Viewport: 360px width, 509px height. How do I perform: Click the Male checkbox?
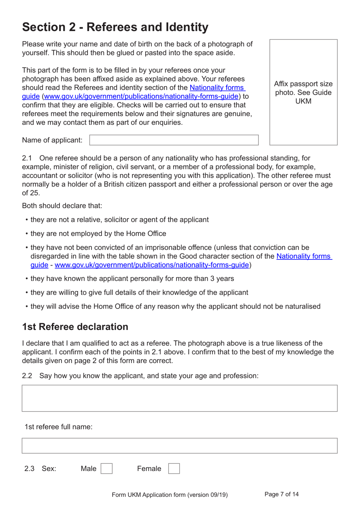106,468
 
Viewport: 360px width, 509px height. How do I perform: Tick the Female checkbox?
174,468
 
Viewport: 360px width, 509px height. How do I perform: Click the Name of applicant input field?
174,140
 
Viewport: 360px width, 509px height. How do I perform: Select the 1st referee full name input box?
180,446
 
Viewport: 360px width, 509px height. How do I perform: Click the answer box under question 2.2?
180,398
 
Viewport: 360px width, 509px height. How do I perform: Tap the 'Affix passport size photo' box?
303,92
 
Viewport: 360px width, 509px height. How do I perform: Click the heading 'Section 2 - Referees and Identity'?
115,27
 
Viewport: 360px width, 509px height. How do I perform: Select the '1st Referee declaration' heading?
75,327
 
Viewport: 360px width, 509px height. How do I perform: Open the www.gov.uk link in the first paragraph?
141,96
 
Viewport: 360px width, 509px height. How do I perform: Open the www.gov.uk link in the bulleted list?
152,265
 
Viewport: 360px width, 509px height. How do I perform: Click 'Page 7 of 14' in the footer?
282,494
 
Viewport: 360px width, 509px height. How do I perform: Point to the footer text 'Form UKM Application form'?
169,495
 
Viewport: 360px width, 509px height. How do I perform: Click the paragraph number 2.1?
27,158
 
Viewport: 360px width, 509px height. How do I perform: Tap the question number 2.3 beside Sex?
29,469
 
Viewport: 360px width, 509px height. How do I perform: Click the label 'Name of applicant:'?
52,140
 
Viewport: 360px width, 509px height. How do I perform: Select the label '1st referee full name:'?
58,427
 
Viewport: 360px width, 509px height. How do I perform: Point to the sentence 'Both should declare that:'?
62,206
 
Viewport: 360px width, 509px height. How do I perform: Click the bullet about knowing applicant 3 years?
132,279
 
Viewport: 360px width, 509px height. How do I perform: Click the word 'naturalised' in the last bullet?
302,306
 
